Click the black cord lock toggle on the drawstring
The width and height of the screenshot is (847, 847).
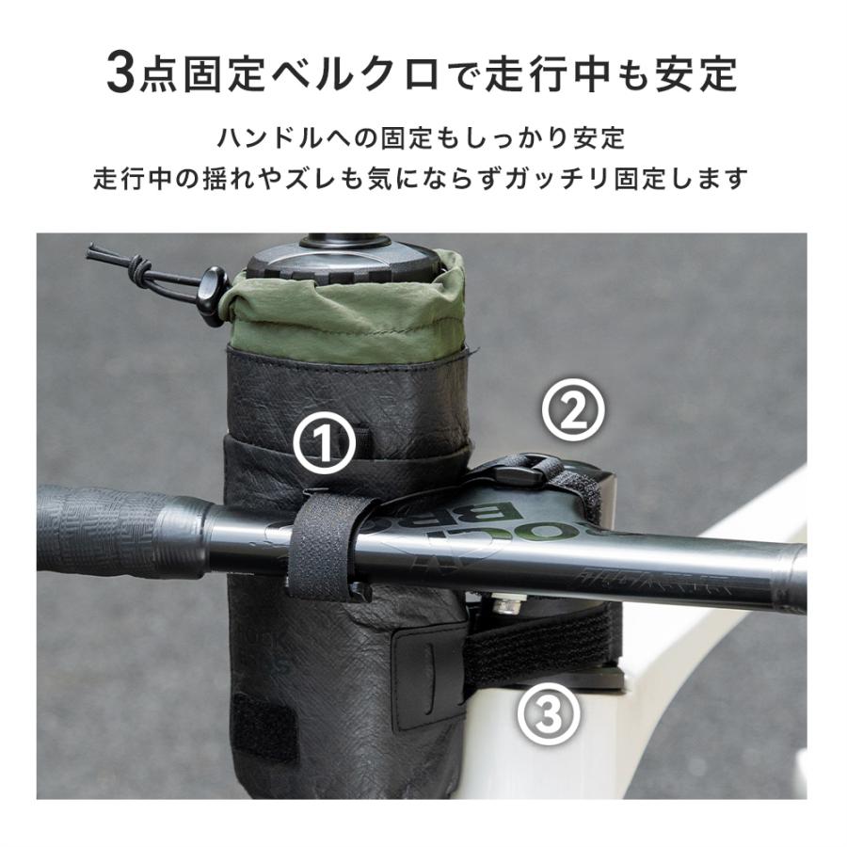click(x=211, y=285)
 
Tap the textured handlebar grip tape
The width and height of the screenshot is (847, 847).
click(x=104, y=532)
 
